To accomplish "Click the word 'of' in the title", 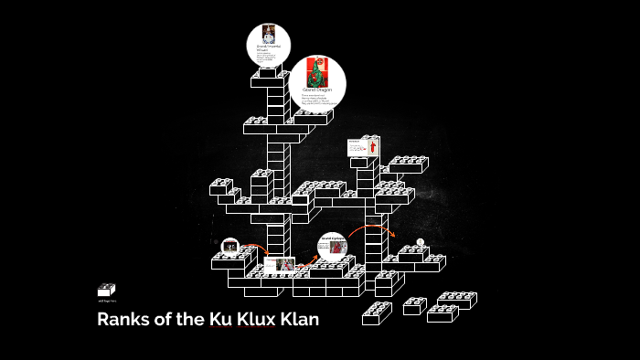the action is tap(162, 321).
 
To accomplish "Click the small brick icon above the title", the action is tap(106, 290).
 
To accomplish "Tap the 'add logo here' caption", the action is tap(106, 302).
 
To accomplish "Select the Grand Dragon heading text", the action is tap(316, 90).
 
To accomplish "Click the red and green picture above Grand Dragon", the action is tap(316, 71).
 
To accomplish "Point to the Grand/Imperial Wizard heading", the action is tap(268, 48).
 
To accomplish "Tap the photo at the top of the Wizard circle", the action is tap(269, 34).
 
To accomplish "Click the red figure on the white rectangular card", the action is tap(372, 146).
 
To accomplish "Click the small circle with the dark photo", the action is tap(230, 247).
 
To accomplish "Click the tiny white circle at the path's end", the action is tap(421, 242).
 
